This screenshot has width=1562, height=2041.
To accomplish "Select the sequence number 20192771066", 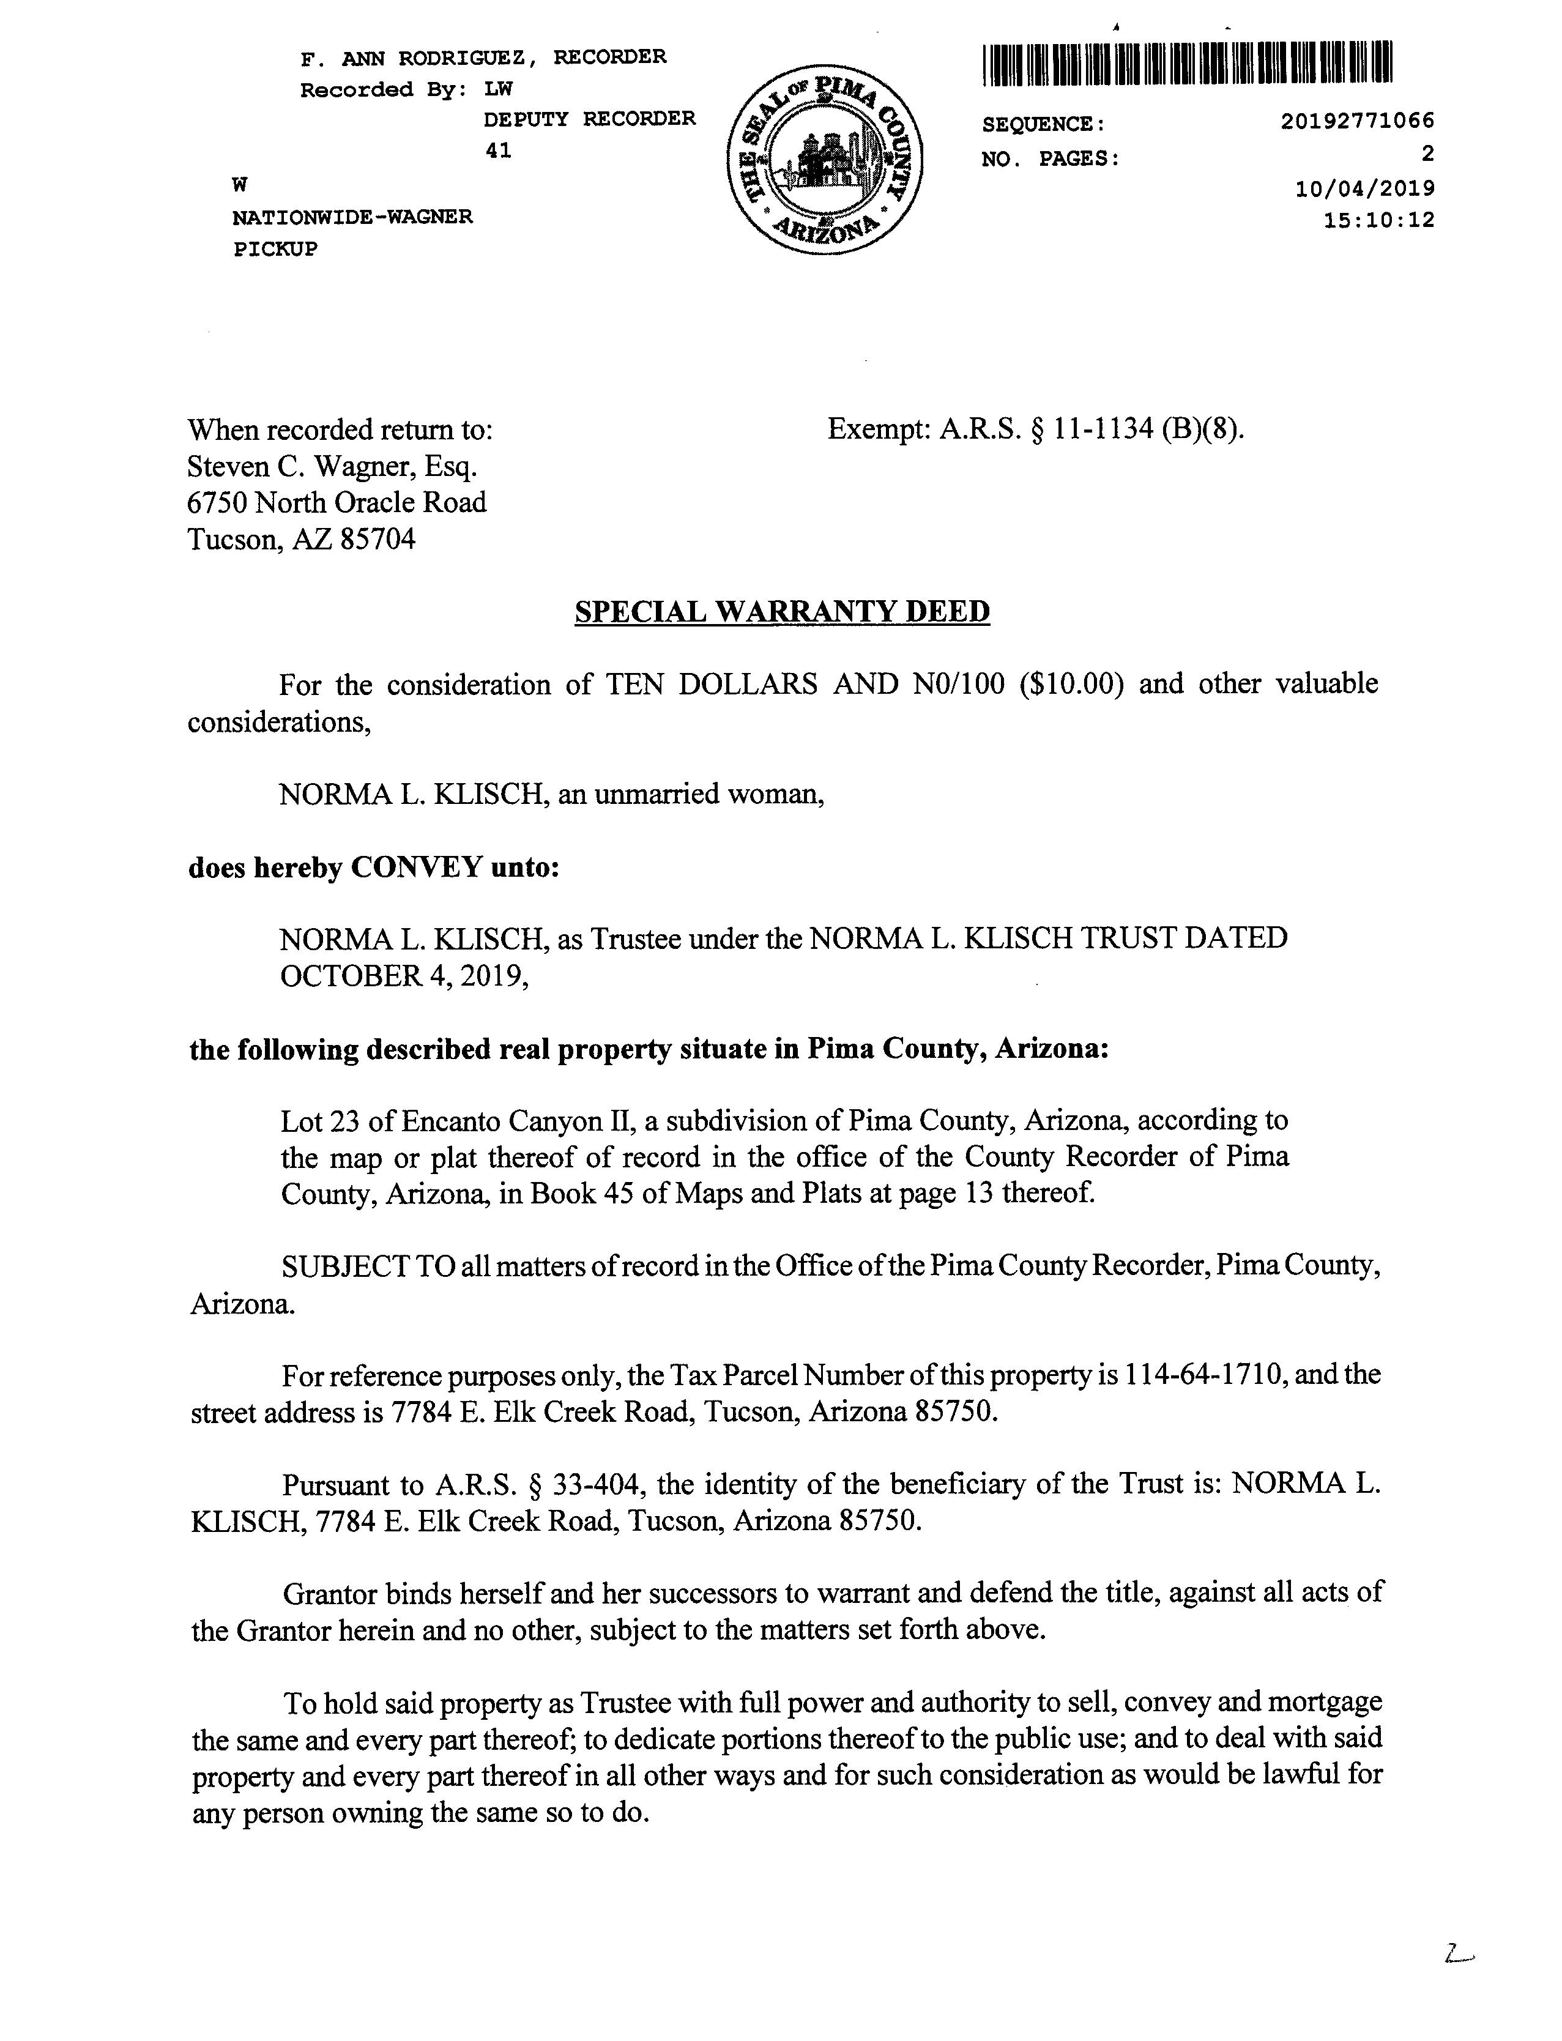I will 1356,121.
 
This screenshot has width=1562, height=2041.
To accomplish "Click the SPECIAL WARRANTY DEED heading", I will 782,612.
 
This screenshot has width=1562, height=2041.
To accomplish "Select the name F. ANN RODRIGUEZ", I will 418,58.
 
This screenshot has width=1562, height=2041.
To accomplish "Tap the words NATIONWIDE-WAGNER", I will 352,218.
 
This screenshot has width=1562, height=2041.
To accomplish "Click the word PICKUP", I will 275,249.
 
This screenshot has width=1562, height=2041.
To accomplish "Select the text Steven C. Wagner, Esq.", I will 332,466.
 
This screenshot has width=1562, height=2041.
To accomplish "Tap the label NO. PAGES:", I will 1051,159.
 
